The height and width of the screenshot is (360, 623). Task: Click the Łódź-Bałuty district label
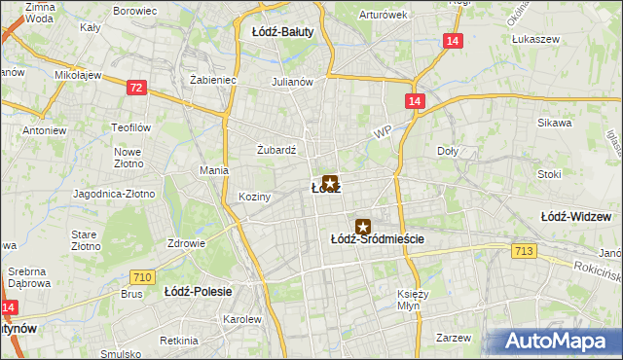(282, 31)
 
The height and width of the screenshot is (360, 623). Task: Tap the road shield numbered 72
(136, 88)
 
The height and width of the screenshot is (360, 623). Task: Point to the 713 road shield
(523, 252)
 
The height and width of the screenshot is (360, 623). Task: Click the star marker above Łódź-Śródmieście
(363, 226)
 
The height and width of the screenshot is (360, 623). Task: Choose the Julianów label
(292, 82)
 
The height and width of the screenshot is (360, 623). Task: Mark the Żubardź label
(275, 150)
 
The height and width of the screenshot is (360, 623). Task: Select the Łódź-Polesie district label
(196, 291)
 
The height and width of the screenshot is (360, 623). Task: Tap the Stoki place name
(549, 175)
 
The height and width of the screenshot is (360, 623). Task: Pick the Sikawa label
(554, 124)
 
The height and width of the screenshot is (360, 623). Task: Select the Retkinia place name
(179, 341)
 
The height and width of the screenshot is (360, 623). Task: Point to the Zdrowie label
(186, 243)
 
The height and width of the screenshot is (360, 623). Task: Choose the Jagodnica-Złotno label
(114, 194)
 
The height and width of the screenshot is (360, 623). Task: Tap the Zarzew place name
(454, 338)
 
